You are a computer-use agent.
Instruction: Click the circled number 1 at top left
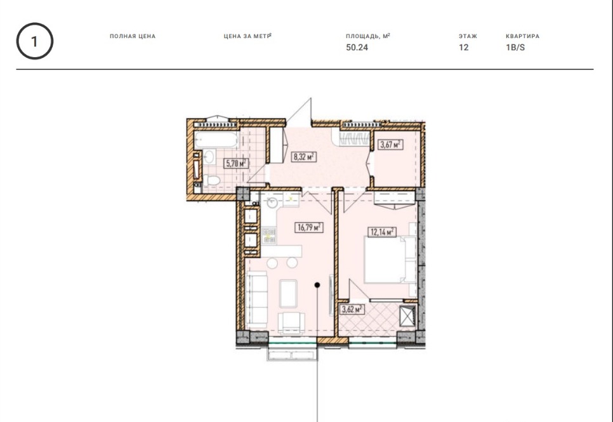pyautogui.click(x=34, y=41)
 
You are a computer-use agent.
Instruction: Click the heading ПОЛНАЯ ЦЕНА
pyautogui.click(x=133, y=36)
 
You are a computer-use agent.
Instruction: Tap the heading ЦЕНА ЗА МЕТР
pyautogui.click(x=247, y=36)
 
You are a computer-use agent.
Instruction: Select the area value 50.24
pyautogui.click(x=357, y=48)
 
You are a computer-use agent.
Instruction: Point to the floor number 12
pyautogui.click(x=464, y=48)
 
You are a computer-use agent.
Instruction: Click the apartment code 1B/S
pyautogui.click(x=515, y=48)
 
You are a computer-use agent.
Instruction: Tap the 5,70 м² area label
pyautogui.click(x=235, y=163)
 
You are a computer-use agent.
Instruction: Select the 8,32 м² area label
pyautogui.click(x=305, y=157)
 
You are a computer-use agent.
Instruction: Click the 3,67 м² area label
pyautogui.click(x=391, y=144)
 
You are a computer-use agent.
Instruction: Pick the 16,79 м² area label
pyautogui.click(x=309, y=227)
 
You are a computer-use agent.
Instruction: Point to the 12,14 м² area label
pyautogui.click(x=382, y=232)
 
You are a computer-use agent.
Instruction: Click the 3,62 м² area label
pyautogui.click(x=352, y=310)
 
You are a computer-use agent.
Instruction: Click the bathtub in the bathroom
pyautogui.click(x=216, y=140)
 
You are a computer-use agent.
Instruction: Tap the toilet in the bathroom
pyautogui.click(x=211, y=180)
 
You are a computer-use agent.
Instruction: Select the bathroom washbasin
pyautogui.click(x=209, y=157)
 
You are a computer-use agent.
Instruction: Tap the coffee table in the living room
pyautogui.click(x=288, y=293)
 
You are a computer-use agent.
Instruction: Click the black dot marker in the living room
pyautogui.click(x=317, y=285)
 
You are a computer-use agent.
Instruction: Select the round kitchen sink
pyautogui.click(x=272, y=202)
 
